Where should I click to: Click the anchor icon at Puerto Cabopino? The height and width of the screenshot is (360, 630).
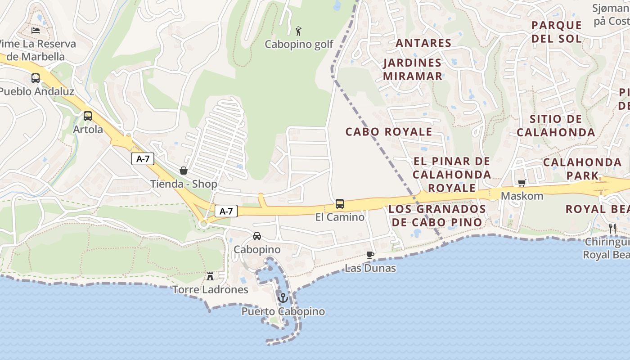tap(283, 297)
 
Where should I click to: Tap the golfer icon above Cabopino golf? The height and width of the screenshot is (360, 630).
tap(298, 31)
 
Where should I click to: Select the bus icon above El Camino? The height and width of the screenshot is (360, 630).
tap(340, 204)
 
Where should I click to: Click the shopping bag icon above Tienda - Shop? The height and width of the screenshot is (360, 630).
tap(183, 171)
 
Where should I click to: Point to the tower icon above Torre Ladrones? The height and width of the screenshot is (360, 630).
tap(210, 276)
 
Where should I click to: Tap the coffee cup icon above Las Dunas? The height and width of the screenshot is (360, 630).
tap(370, 255)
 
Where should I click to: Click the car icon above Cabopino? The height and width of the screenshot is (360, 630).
tap(256, 236)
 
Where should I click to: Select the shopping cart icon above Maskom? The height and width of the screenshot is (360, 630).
tap(522, 183)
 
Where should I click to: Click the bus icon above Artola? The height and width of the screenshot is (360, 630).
tap(88, 116)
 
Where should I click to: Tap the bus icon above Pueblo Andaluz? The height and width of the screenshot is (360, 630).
tap(36, 78)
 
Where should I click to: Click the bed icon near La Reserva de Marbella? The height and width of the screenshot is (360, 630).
tap(36, 31)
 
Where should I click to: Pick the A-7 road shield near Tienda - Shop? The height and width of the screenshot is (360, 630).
tap(143, 159)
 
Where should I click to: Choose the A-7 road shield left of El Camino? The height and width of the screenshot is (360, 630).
tap(226, 211)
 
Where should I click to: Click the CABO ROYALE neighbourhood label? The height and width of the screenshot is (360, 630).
tap(389, 132)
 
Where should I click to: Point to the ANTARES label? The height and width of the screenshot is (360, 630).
tap(423, 43)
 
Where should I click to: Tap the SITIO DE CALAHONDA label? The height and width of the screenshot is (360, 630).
tap(556, 126)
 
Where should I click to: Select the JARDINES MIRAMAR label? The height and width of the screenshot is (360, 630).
tap(413, 69)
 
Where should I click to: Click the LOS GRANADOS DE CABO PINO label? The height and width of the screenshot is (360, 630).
tap(437, 216)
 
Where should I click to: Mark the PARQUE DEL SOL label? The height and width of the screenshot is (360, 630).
tap(557, 31)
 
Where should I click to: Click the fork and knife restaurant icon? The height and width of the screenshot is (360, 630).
tap(612, 228)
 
